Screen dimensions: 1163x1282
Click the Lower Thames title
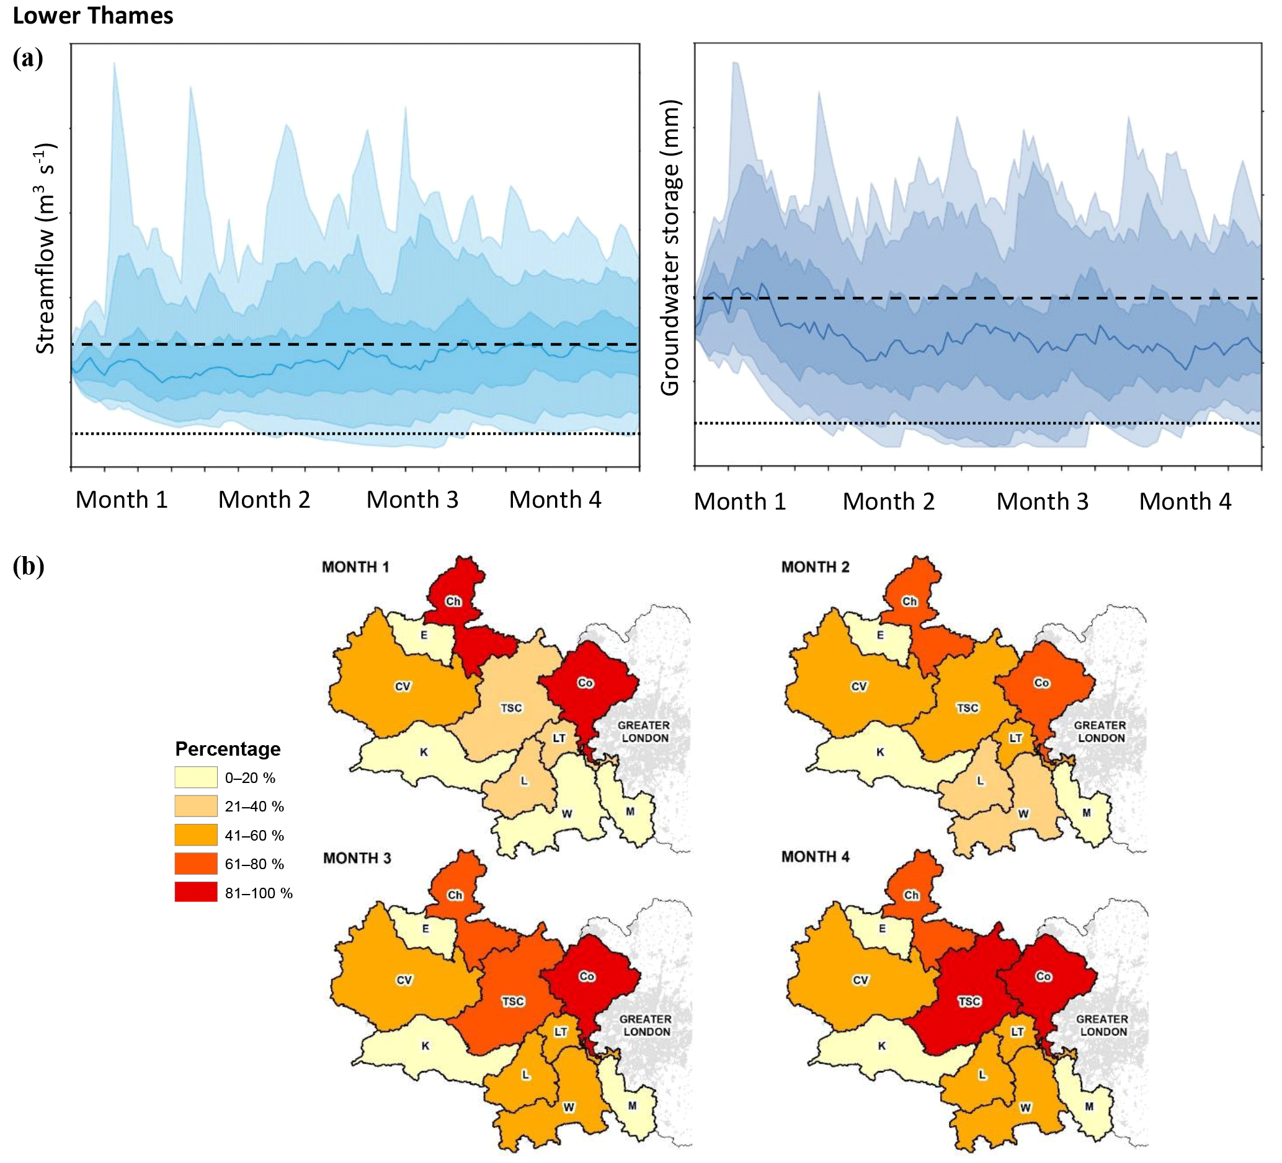(93, 15)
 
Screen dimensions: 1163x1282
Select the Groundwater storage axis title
(670, 247)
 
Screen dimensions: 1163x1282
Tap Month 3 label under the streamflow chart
(412, 500)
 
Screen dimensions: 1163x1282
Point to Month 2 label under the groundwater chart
(888, 502)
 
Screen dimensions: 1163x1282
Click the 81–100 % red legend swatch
(196, 892)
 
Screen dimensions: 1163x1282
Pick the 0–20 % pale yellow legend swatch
(196, 777)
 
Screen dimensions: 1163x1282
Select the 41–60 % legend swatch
(196, 835)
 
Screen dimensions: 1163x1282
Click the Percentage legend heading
(228, 749)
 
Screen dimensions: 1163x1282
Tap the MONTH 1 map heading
(355, 567)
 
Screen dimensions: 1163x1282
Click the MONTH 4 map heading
(815, 857)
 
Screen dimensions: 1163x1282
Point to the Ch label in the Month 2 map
(909, 601)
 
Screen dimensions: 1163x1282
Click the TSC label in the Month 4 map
(969, 1002)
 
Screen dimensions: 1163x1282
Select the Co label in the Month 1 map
(585, 683)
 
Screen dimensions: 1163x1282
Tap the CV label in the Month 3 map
(404, 980)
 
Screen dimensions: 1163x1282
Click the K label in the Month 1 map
(424, 752)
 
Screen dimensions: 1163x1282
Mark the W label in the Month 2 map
(1023, 813)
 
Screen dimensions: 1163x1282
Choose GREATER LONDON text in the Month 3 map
(646, 1025)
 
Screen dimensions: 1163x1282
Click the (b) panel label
(28, 565)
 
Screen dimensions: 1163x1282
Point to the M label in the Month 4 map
(1088, 1107)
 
